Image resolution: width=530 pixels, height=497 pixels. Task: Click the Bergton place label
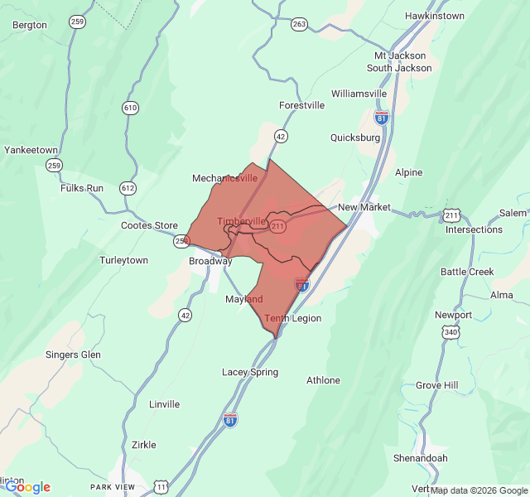coord(30,25)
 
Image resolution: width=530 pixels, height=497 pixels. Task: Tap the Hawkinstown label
coord(435,16)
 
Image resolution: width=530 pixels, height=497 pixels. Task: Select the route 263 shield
coord(299,24)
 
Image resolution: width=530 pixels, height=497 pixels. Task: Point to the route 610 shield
coord(130,108)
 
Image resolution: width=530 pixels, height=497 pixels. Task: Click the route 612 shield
coord(127,187)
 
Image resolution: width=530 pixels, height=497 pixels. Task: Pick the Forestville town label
coord(301,105)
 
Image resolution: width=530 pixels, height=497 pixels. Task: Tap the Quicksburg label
coord(355,138)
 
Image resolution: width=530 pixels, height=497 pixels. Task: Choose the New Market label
coord(364,206)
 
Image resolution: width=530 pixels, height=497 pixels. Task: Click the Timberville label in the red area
coord(242,221)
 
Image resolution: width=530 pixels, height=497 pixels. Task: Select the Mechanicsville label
coord(224,178)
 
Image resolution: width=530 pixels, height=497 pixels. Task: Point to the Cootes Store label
coord(149,225)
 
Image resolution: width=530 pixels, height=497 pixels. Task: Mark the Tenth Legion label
coord(292,318)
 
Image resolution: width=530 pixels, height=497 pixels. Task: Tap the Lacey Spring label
coord(249,372)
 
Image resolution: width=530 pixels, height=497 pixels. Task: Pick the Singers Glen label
coord(73,355)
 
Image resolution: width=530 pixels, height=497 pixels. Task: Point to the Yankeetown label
coord(31,150)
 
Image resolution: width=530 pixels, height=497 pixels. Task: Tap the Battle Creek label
coord(467,272)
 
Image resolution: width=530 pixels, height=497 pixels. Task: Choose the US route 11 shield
coord(161,485)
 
